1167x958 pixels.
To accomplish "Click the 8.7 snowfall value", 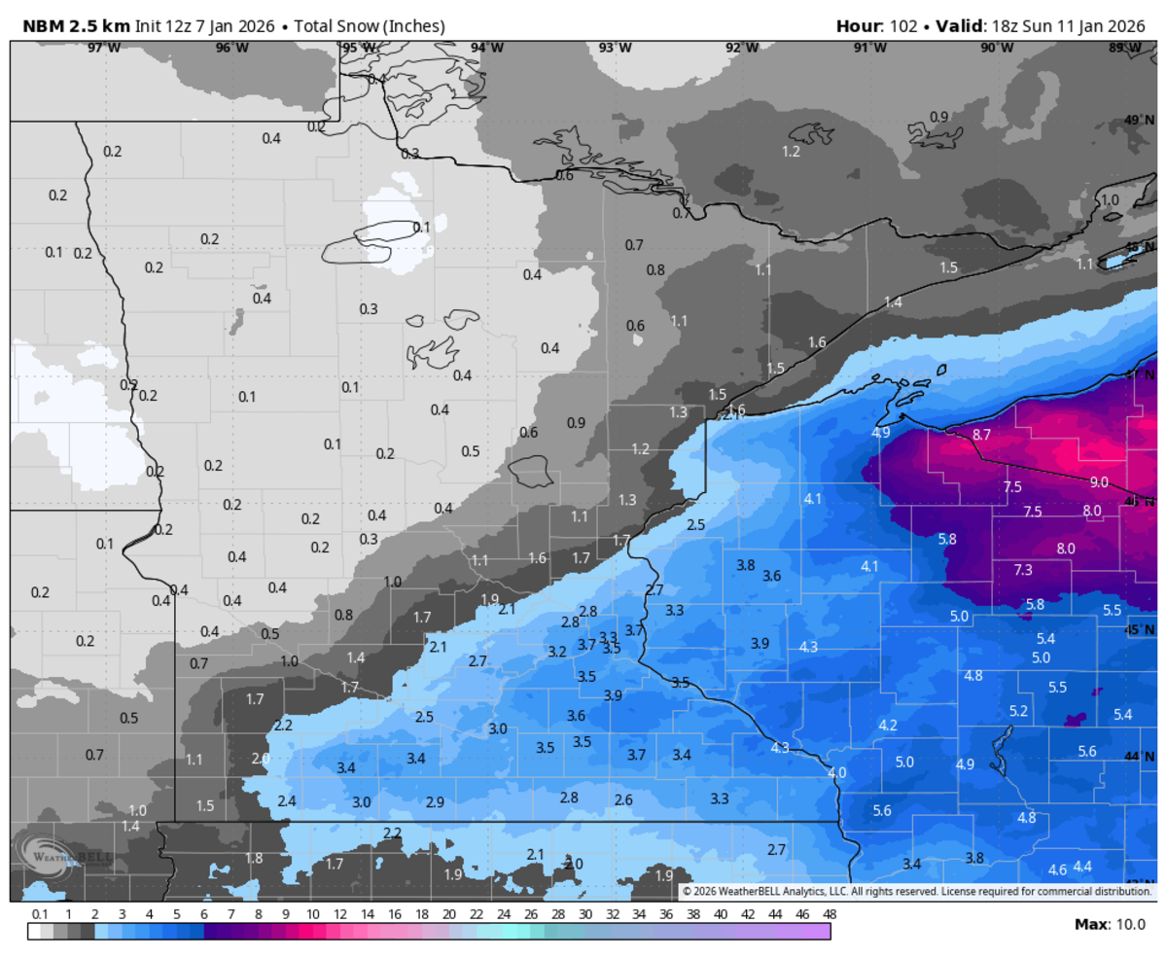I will [981, 435].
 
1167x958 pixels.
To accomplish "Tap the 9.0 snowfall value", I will [1099, 482].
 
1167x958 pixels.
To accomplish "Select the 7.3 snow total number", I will [1023, 570].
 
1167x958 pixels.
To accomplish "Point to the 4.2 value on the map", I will [888, 726].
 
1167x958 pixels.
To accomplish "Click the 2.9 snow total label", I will [435, 802].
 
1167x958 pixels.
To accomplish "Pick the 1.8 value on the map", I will [254, 858].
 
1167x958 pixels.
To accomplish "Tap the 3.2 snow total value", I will [557, 652].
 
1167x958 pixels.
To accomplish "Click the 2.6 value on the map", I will [623, 800].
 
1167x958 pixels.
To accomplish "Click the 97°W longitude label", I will [104, 48].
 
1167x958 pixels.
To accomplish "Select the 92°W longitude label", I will [741, 48].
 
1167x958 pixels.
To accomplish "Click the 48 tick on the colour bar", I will [830, 914].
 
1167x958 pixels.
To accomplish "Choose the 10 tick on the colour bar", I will [313, 914].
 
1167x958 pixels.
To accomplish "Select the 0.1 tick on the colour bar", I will [41, 914].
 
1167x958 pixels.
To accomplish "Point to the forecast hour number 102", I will [902, 25].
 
